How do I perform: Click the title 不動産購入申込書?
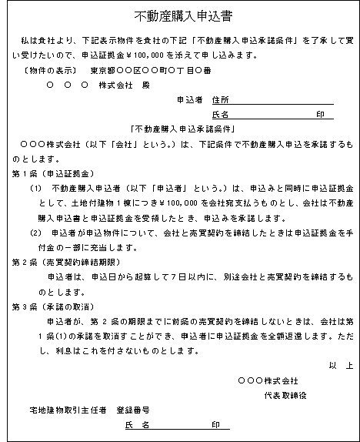pyautogui.click(x=179, y=15)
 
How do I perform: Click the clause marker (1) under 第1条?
pyautogui.click(x=36, y=189)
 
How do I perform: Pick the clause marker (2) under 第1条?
pyautogui.click(x=36, y=233)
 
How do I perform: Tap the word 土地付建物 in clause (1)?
pyautogui.click(x=92, y=203)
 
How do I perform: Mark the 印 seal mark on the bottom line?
pyautogui.click(x=216, y=425)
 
